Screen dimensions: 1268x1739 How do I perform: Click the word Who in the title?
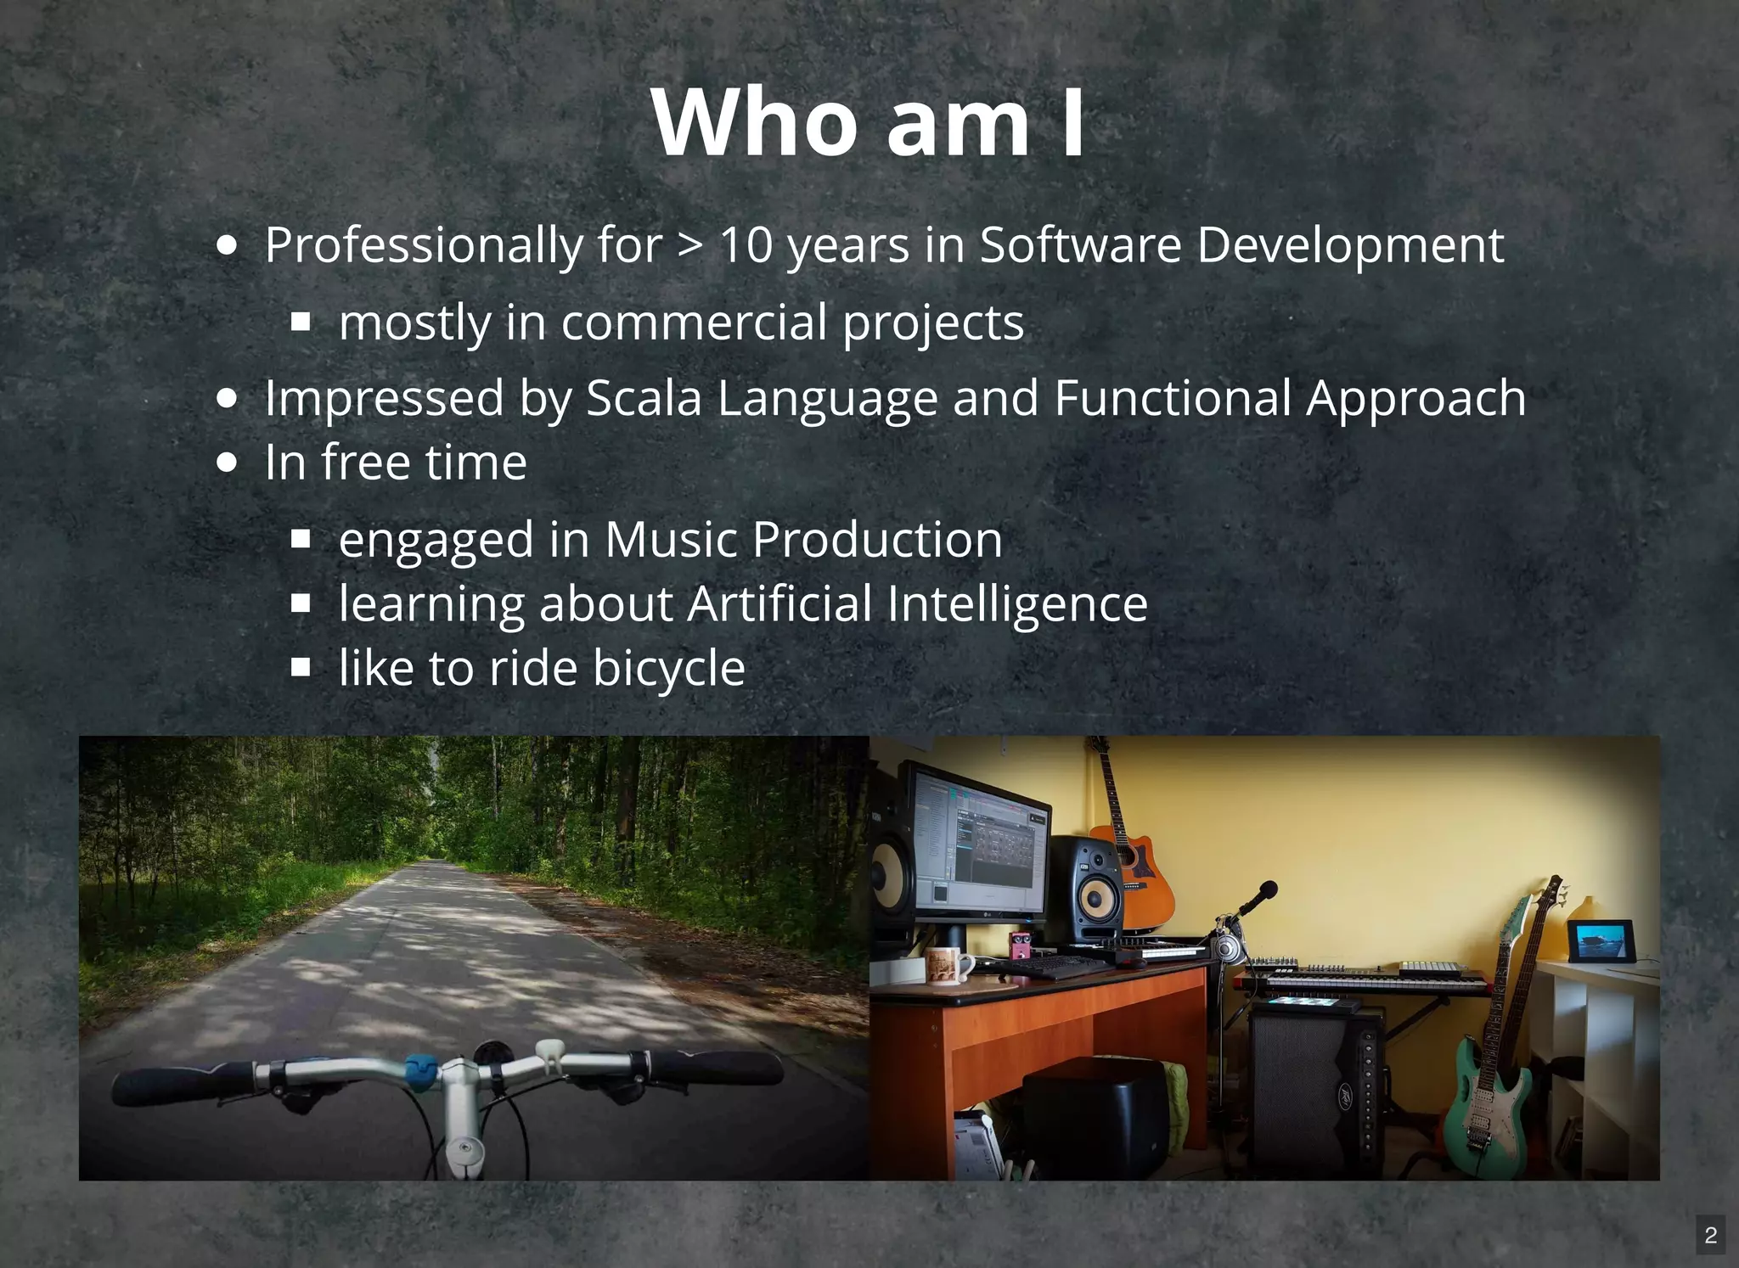[755, 122]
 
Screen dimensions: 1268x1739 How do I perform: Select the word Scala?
[644, 398]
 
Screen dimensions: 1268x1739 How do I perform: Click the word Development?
[1350, 245]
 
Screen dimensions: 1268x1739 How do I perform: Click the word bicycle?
[669, 668]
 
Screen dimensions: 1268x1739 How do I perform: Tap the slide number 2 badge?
[1711, 1235]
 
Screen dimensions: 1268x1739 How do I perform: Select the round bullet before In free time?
[227, 463]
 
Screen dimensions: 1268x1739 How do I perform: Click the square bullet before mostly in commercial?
[301, 323]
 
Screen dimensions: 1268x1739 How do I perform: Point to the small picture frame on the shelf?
[1601, 941]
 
